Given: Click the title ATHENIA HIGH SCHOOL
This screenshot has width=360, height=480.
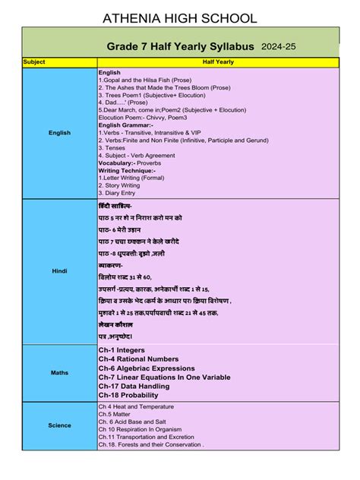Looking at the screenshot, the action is point(179,14).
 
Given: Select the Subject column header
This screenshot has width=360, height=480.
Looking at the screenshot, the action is point(35,62).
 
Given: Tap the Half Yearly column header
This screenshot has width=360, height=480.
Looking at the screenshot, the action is point(218,62).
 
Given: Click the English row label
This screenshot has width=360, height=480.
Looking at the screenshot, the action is point(59,133).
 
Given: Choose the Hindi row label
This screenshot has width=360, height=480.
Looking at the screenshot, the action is point(59,270).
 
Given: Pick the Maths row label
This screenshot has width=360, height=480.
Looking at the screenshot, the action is point(59,372).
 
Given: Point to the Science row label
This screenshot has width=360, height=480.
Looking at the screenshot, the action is point(59,425).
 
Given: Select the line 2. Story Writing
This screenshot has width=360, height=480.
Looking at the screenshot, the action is point(120,185).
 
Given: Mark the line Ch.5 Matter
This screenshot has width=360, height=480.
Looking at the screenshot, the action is point(116,414).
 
